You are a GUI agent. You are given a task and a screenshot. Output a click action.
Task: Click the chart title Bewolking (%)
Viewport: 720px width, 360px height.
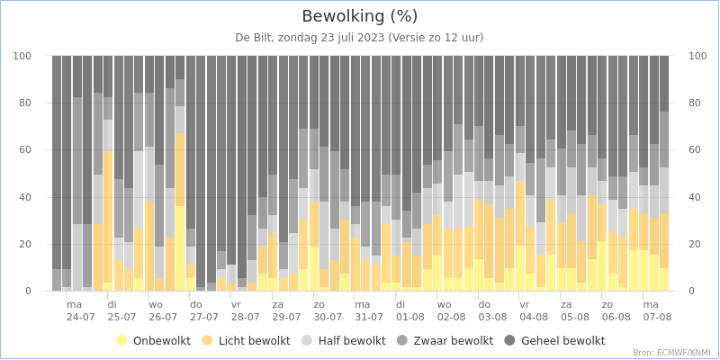[360, 16]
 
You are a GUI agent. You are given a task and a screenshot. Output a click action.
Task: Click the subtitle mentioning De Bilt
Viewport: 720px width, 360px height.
[360, 38]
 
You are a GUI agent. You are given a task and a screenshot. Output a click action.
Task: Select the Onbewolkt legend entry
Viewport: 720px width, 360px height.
[161, 341]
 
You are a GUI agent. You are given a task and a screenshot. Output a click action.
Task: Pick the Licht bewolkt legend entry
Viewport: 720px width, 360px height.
[257, 341]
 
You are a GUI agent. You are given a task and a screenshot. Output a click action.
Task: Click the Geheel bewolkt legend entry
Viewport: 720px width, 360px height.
[562, 341]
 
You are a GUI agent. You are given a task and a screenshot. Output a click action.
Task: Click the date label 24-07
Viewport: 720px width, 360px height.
[81, 317]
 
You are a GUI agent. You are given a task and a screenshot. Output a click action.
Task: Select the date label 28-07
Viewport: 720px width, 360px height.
[246, 317]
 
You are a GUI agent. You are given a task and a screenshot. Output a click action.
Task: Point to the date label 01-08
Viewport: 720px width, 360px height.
[410, 317]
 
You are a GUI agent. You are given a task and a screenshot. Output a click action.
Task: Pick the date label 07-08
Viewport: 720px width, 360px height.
[657, 317]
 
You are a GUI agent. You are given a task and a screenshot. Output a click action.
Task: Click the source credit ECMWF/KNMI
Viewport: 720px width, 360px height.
[673, 353]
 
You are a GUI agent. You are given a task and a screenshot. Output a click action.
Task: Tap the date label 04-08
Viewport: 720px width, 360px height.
[534, 317]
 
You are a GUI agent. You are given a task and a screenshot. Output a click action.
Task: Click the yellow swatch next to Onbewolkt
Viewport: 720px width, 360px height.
[122, 341]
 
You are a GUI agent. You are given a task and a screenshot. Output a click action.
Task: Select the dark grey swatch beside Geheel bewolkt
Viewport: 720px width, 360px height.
[509, 341]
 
